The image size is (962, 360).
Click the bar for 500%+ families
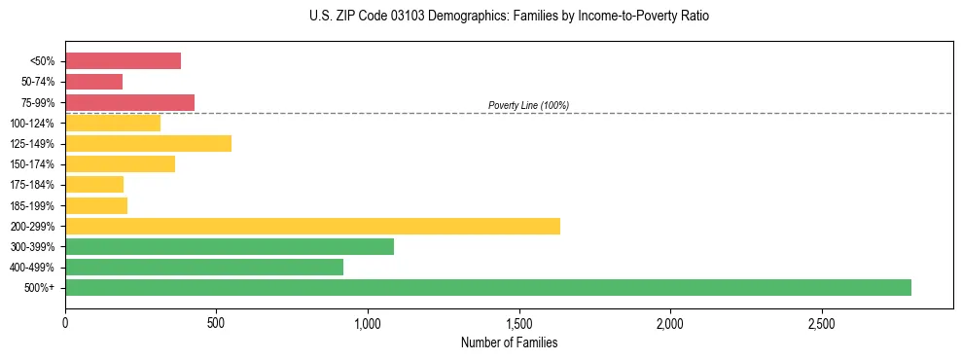pos(487,287)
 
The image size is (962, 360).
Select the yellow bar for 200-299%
pos(312,226)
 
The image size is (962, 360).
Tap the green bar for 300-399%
pos(230,246)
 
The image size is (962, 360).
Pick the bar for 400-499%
pos(204,267)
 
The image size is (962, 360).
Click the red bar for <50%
pos(123,61)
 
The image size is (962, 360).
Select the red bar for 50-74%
pos(93,82)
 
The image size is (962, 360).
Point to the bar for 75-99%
pos(129,102)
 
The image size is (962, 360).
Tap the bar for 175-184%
pos(94,184)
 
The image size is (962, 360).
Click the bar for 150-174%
pos(120,163)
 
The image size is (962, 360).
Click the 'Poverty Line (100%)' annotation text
pos(528,105)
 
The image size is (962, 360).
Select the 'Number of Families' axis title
pos(509,342)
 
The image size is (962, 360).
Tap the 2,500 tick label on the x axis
pos(822,322)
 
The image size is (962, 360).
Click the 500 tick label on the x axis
pos(216,322)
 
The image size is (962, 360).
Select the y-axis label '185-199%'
pos(32,205)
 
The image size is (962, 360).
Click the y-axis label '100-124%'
pos(32,124)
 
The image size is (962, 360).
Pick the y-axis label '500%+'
pos(38,288)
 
